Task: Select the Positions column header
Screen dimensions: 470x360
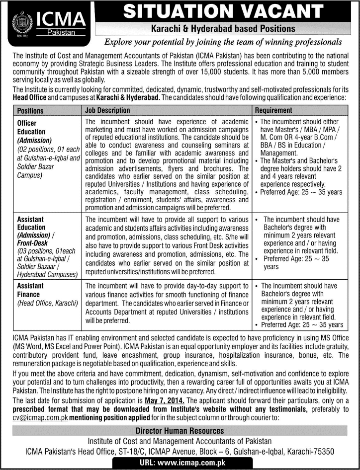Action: [x=30, y=111]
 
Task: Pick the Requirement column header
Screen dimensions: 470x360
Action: [x=273, y=110]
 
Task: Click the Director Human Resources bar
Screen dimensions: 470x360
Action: [x=180, y=431]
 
